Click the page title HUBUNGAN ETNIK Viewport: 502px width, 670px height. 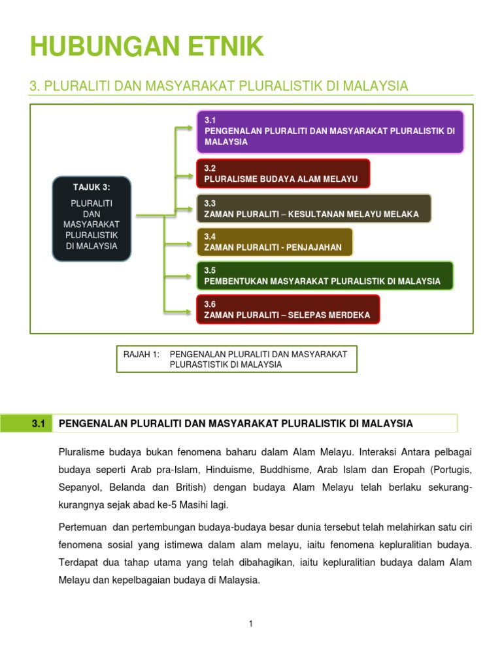coord(147,47)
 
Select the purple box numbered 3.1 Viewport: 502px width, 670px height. coord(330,132)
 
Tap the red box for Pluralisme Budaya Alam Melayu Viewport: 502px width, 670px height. coord(282,173)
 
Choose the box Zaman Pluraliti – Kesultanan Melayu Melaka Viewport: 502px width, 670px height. coord(313,208)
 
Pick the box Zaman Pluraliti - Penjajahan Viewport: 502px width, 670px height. coord(274,242)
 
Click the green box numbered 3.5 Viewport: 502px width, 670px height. coord(324,275)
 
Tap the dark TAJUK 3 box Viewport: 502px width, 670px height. coord(92,219)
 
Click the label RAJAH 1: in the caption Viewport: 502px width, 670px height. coord(141,354)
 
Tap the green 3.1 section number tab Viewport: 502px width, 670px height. coord(38,423)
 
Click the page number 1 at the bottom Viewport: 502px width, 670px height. coord(250,624)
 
